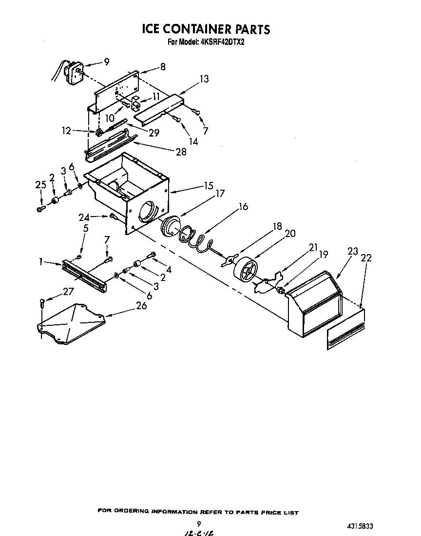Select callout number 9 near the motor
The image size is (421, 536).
[x=106, y=61]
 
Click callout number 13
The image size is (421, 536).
[x=204, y=79]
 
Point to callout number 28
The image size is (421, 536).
[x=181, y=152]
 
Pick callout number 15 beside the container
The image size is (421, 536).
[x=209, y=186]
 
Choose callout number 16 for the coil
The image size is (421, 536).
[x=243, y=206]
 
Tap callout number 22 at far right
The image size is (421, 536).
[x=366, y=258]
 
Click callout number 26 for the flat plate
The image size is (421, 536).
[x=141, y=305]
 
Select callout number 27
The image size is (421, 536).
[x=68, y=292]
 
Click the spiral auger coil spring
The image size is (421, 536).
[x=195, y=239]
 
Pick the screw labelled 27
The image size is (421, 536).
[x=42, y=303]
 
